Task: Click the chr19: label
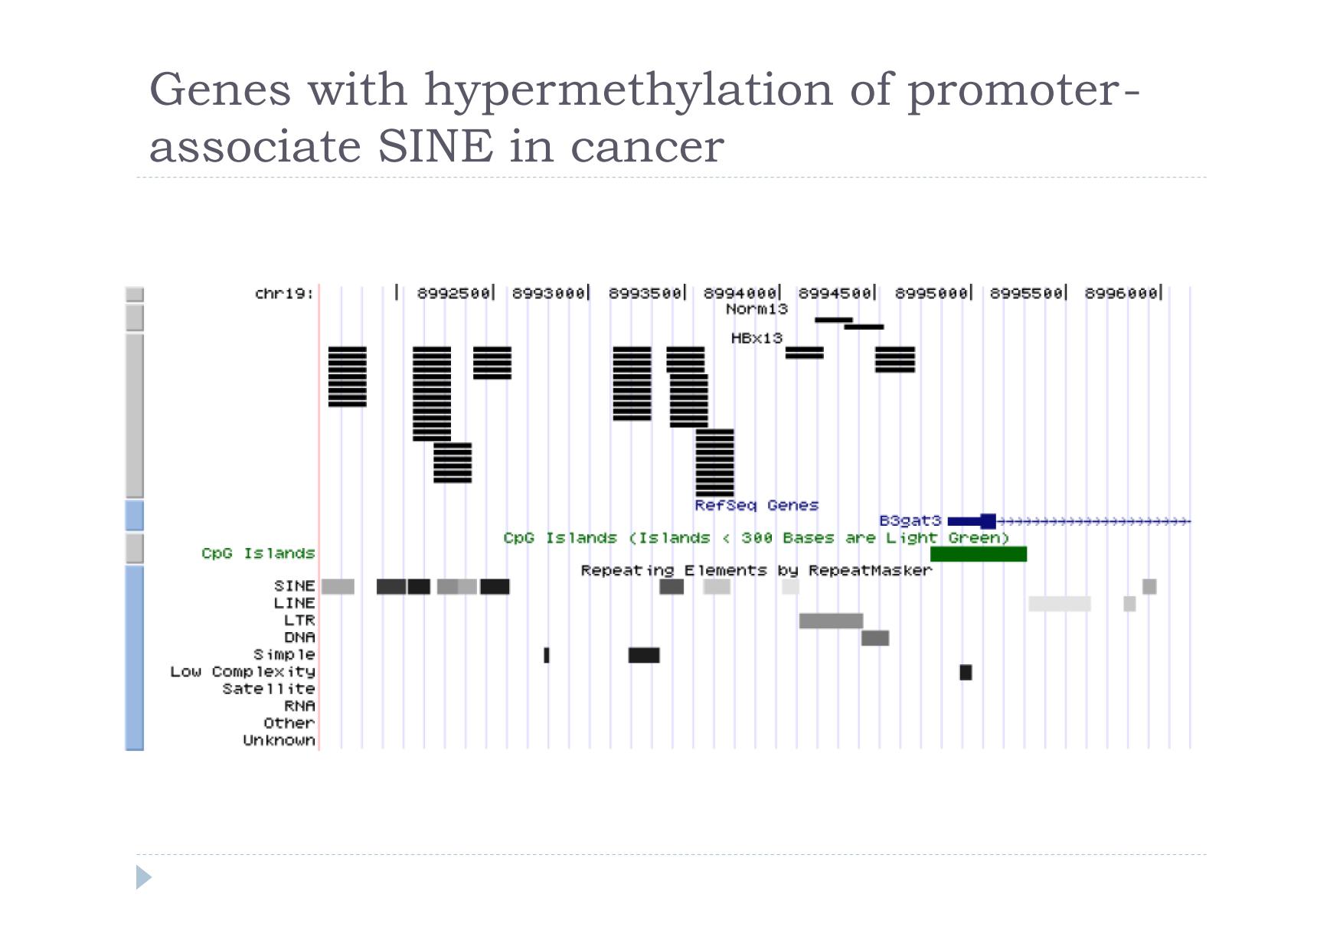[284, 294]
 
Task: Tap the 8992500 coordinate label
[453, 293]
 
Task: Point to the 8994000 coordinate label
[740, 293]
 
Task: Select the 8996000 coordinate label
[1121, 293]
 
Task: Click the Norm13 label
[756, 309]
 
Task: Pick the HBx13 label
[756, 338]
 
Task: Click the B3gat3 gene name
[910, 521]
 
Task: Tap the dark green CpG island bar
[979, 554]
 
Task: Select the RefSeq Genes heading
[756, 505]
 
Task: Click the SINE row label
[295, 586]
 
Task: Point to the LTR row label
[299, 620]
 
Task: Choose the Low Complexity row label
[243, 672]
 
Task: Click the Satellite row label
[269, 689]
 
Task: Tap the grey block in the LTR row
[831, 621]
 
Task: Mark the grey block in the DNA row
[875, 638]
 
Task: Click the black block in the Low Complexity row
[966, 672]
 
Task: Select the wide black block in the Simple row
[644, 655]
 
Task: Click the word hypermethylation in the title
[628, 90]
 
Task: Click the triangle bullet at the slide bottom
[144, 877]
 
